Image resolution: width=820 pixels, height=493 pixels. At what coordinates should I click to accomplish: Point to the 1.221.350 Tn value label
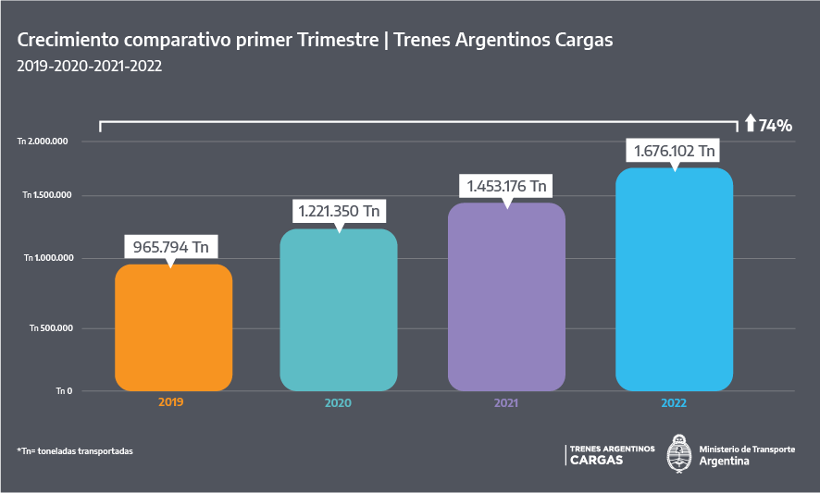tap(339, 212)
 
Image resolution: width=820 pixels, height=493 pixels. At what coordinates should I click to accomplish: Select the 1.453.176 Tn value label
tap(506, 186)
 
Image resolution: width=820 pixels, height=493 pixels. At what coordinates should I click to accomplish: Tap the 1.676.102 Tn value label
tap(673, 151)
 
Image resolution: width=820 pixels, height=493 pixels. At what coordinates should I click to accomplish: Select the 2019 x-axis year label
tap(170, 402)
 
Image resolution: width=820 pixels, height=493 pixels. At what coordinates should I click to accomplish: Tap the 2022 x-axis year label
tap(674, 403)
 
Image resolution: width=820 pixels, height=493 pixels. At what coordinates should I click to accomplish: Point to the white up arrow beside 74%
tap(750, 123)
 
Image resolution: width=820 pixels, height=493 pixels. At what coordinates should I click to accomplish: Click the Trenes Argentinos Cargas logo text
tap(611, 454)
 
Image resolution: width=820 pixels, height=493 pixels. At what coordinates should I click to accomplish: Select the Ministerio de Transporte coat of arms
tap(680, 453)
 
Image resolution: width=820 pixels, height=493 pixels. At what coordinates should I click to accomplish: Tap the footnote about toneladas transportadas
tap(75, 450)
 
